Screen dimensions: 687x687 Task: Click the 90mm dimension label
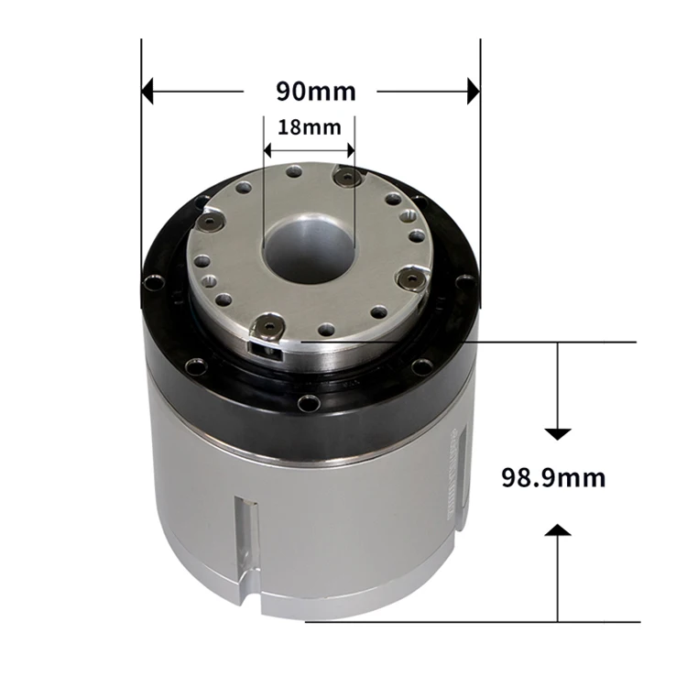pos(315,92)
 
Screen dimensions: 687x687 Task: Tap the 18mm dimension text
pos(309,127)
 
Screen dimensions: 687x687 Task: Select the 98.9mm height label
pos(553,477)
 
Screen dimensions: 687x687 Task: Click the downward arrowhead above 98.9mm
pos(558,431)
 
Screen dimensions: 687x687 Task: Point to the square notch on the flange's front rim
pos(262,345)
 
